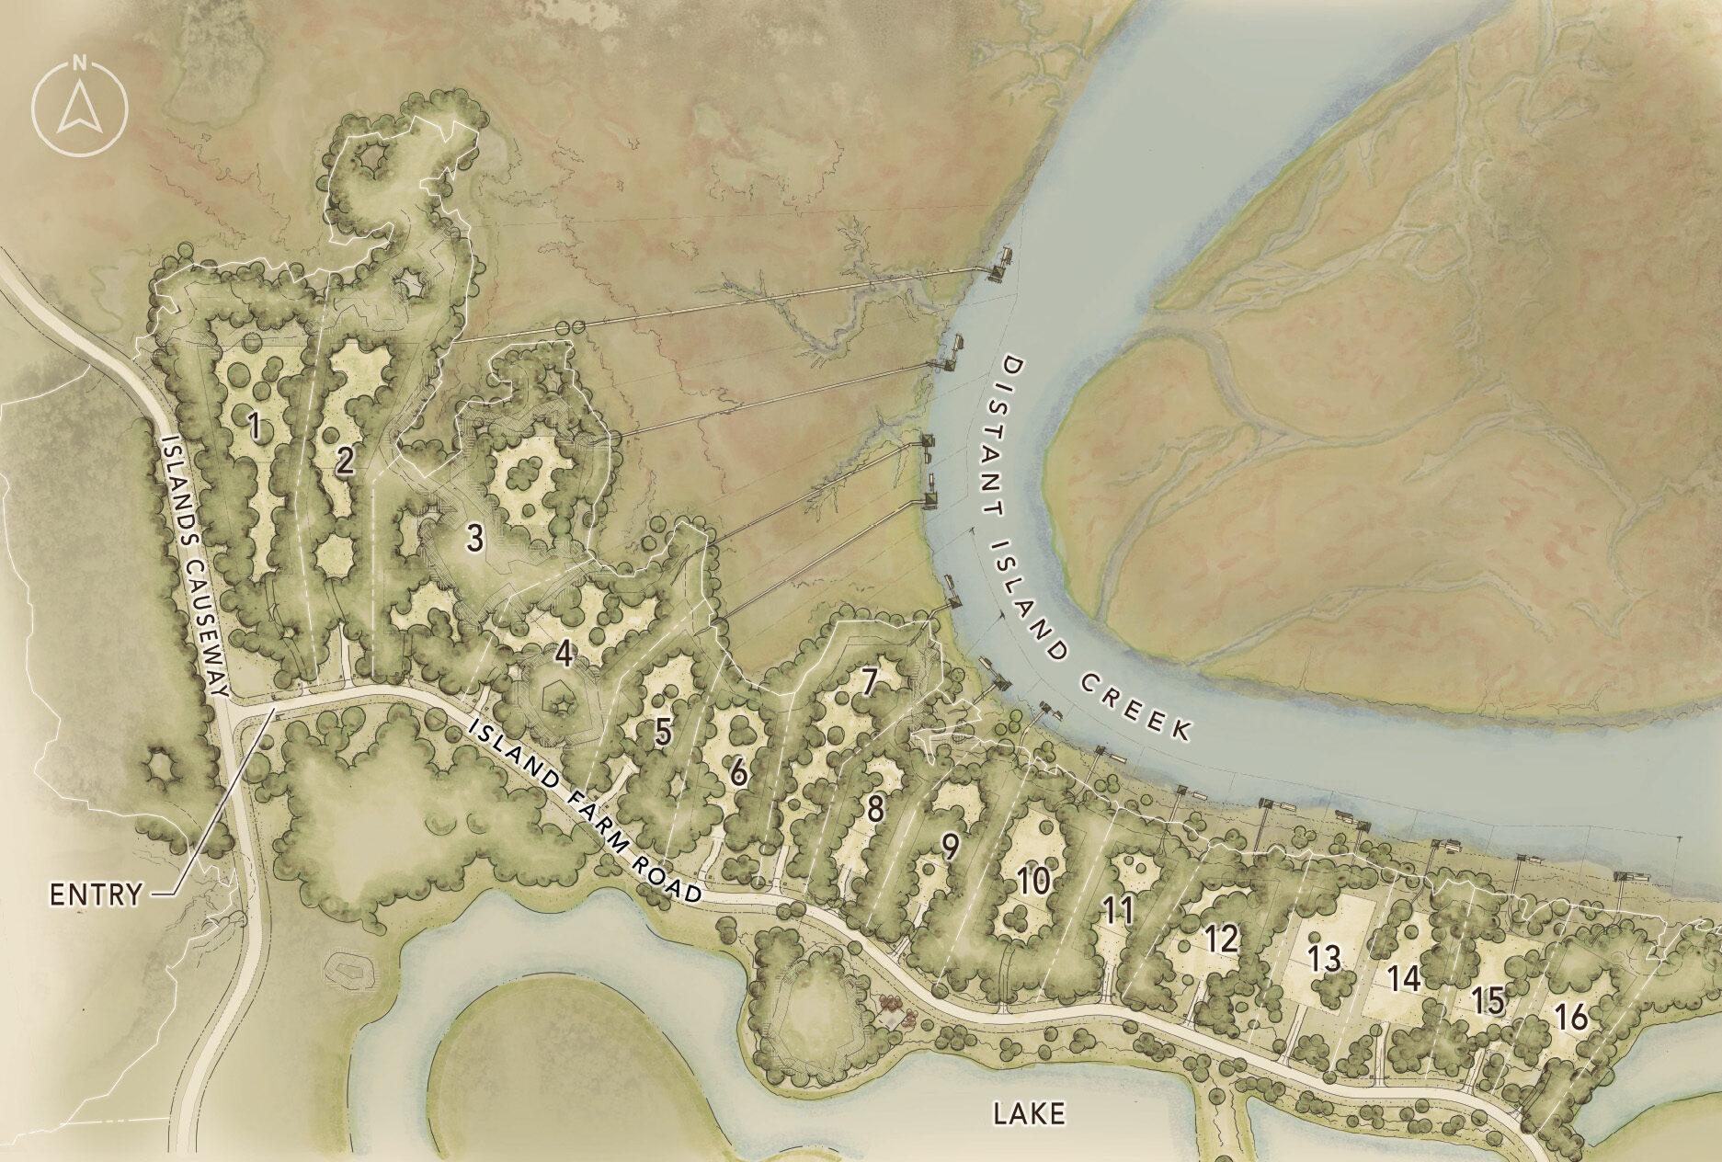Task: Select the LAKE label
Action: [x=1029, y=1114]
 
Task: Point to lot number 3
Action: [x=474, y=540]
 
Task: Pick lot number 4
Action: [x=564, y=655]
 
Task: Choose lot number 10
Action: [x=1033, y=883]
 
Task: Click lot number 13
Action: [x=1325, y=959]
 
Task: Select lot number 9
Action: [x=951, y=847]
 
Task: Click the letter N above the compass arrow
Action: [x=80, y=63]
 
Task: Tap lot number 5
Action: [x=663, y=732]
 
